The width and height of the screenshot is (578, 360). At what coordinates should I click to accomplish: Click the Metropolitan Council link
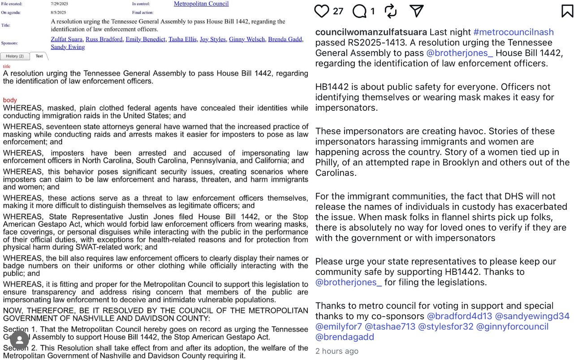201,4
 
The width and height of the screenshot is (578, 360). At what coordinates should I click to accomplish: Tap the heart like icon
322,11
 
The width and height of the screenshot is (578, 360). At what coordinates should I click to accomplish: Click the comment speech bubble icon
359,11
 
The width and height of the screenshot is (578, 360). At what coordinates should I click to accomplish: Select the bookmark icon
567,11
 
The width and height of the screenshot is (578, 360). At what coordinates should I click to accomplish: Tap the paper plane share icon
417,11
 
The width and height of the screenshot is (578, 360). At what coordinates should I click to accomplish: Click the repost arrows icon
391,11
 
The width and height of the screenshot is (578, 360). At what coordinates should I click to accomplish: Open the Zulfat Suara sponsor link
67,39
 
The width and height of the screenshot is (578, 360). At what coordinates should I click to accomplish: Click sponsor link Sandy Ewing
68,47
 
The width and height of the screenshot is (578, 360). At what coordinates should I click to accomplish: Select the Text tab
39,56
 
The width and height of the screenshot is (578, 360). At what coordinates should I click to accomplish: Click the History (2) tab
15,56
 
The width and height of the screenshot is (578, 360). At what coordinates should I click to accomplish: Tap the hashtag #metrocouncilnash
513,32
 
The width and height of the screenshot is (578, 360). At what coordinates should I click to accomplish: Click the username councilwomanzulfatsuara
371,32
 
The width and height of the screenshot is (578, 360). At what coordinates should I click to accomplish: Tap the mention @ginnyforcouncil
512,326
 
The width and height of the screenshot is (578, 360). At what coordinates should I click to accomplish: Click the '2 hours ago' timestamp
336,351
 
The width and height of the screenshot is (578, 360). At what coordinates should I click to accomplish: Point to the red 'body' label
9,100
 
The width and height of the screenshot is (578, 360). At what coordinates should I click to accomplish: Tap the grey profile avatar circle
20,340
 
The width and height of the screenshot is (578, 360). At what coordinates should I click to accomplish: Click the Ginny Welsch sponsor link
247,39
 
